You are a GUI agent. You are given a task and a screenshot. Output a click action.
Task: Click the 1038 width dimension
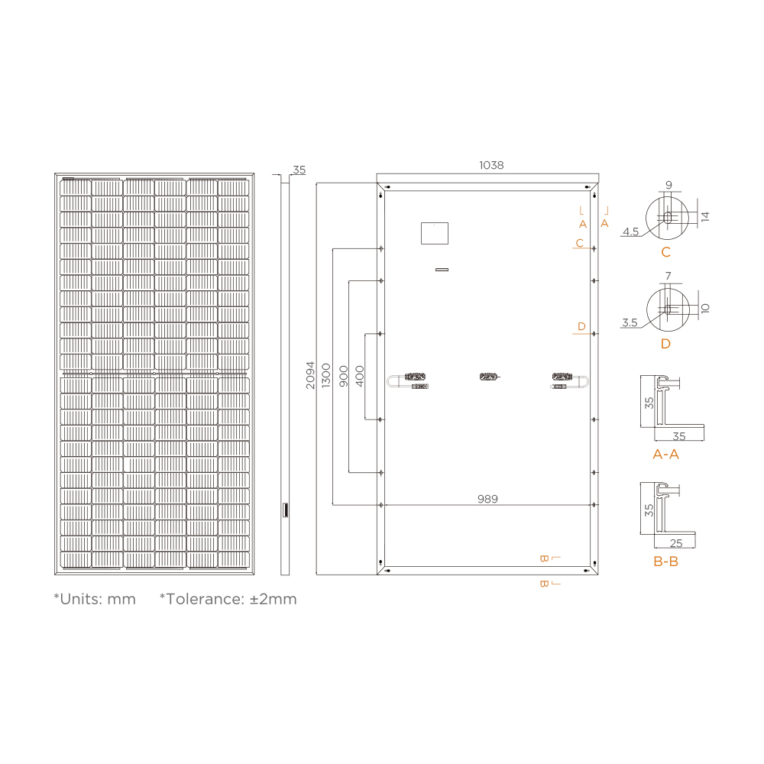(x=491, y=165)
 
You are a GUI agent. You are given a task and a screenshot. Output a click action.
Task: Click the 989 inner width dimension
(x=487, y=499)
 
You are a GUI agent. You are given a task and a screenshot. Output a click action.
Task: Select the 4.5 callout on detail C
(x=630, y=231)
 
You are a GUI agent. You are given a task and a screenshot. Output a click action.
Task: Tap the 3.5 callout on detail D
(x=630, y=323)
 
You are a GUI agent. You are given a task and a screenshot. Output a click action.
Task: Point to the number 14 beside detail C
(x=705, y=216)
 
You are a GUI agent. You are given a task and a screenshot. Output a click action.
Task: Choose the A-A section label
(x=665, y=455)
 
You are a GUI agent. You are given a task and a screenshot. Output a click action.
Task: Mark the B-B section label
(x=665, y=562)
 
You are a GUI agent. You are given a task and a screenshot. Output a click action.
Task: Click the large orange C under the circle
(x=665, y=253)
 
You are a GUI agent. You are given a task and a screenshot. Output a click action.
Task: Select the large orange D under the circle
(x=665, y=344)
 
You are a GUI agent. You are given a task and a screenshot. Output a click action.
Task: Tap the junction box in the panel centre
(x=487, y=376)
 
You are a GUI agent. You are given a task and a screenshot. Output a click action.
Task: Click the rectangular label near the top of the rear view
(x=435, y=233)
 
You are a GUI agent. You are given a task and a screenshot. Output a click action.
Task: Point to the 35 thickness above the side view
(x=299, y=170)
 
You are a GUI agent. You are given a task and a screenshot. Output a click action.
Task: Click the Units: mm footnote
(x=95, y=599)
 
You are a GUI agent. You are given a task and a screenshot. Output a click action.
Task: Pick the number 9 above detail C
(x=668, y=185)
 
